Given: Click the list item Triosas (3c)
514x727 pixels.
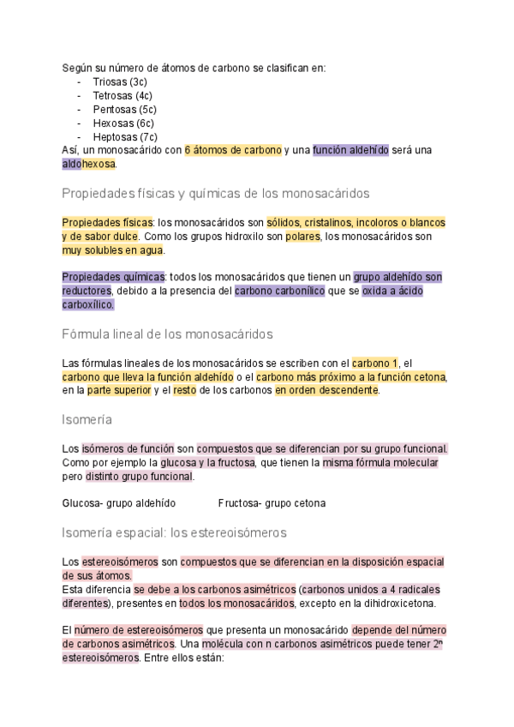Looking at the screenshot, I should (119, 81).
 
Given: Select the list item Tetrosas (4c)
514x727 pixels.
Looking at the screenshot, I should (123, 95).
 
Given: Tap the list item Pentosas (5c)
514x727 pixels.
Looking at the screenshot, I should (124, 109).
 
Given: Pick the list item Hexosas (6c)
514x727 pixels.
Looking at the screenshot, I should (123, 123).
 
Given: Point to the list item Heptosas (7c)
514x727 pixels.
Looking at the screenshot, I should (125, 136).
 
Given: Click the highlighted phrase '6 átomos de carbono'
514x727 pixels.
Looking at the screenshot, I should (233, 150).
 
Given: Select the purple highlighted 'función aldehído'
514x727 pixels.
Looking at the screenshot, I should (350, 150).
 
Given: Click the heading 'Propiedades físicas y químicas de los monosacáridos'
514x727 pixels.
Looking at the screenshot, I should (216, 193).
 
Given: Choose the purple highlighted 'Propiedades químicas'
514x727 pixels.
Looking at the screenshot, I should (113, 277).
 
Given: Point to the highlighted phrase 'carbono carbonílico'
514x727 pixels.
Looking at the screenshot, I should (280, 291).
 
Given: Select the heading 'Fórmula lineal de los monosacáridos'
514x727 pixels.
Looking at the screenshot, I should (167, 333).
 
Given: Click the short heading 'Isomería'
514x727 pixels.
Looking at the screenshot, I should (87, 420).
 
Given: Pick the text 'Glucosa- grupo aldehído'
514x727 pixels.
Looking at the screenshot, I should (119, 502).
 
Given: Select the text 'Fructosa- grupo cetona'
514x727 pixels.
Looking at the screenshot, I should (272, 502).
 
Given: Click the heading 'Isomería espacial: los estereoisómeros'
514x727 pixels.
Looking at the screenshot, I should (174, 532).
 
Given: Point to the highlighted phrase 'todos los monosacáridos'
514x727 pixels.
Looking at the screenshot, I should (236, 604).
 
